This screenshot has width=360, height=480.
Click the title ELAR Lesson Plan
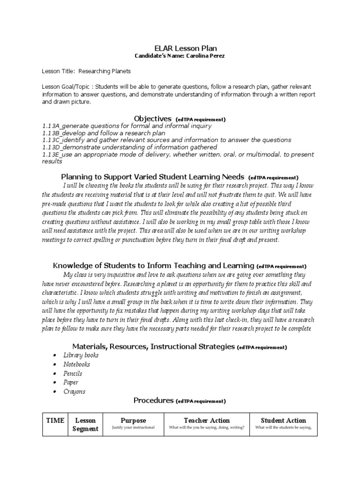pyautogui.click(x=180, y=48)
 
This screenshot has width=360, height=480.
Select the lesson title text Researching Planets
pyautogui.click(x=105, y=71)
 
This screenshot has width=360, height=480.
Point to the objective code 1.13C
pyautogui.click(x=51, y=140)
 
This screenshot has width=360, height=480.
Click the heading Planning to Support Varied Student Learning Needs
pyautogui.click(x=152, y=177)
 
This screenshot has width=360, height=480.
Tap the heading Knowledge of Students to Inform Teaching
pyautogui.click(x=154, y=265)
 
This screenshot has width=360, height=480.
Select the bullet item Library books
pyautogui.click(x=81, y=355)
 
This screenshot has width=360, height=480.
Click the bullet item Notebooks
pyautogui.click(x=76, y=364)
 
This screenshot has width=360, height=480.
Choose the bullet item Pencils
pyautogui.click(x=73, y=374)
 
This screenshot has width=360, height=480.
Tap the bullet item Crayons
pyautogui.click(x=74, y=391)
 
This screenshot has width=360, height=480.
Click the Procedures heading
pyautogui.click(x=154, y=400)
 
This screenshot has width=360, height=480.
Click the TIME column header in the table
pyautogui.click(x=55, y=420)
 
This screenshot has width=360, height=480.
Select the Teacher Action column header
pyautogui.click(x=206, y=420)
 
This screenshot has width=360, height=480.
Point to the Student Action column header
pyautogui.click(x=283, y=420)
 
